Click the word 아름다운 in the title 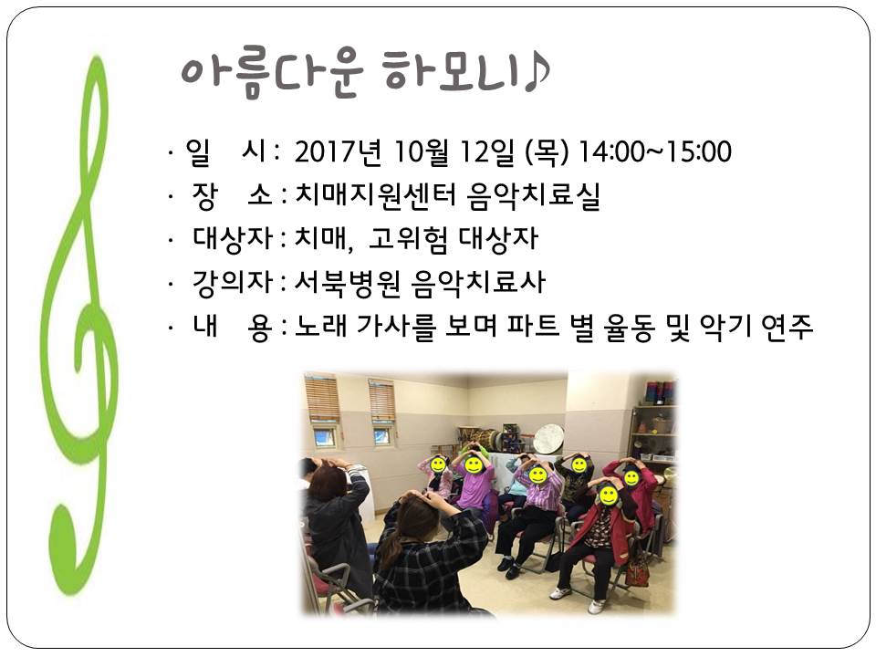point(272,74)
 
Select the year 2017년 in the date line point(338,151)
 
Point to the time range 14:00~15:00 point(655,151)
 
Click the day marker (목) point(547,151)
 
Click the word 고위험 point(409,238)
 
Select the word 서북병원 point(348,282)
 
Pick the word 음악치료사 point(477,282)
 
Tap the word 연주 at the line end point(787,327)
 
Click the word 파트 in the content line point(533,327)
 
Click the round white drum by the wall point(548,438)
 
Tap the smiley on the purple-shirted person point(474,464)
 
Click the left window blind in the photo point(322,400)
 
